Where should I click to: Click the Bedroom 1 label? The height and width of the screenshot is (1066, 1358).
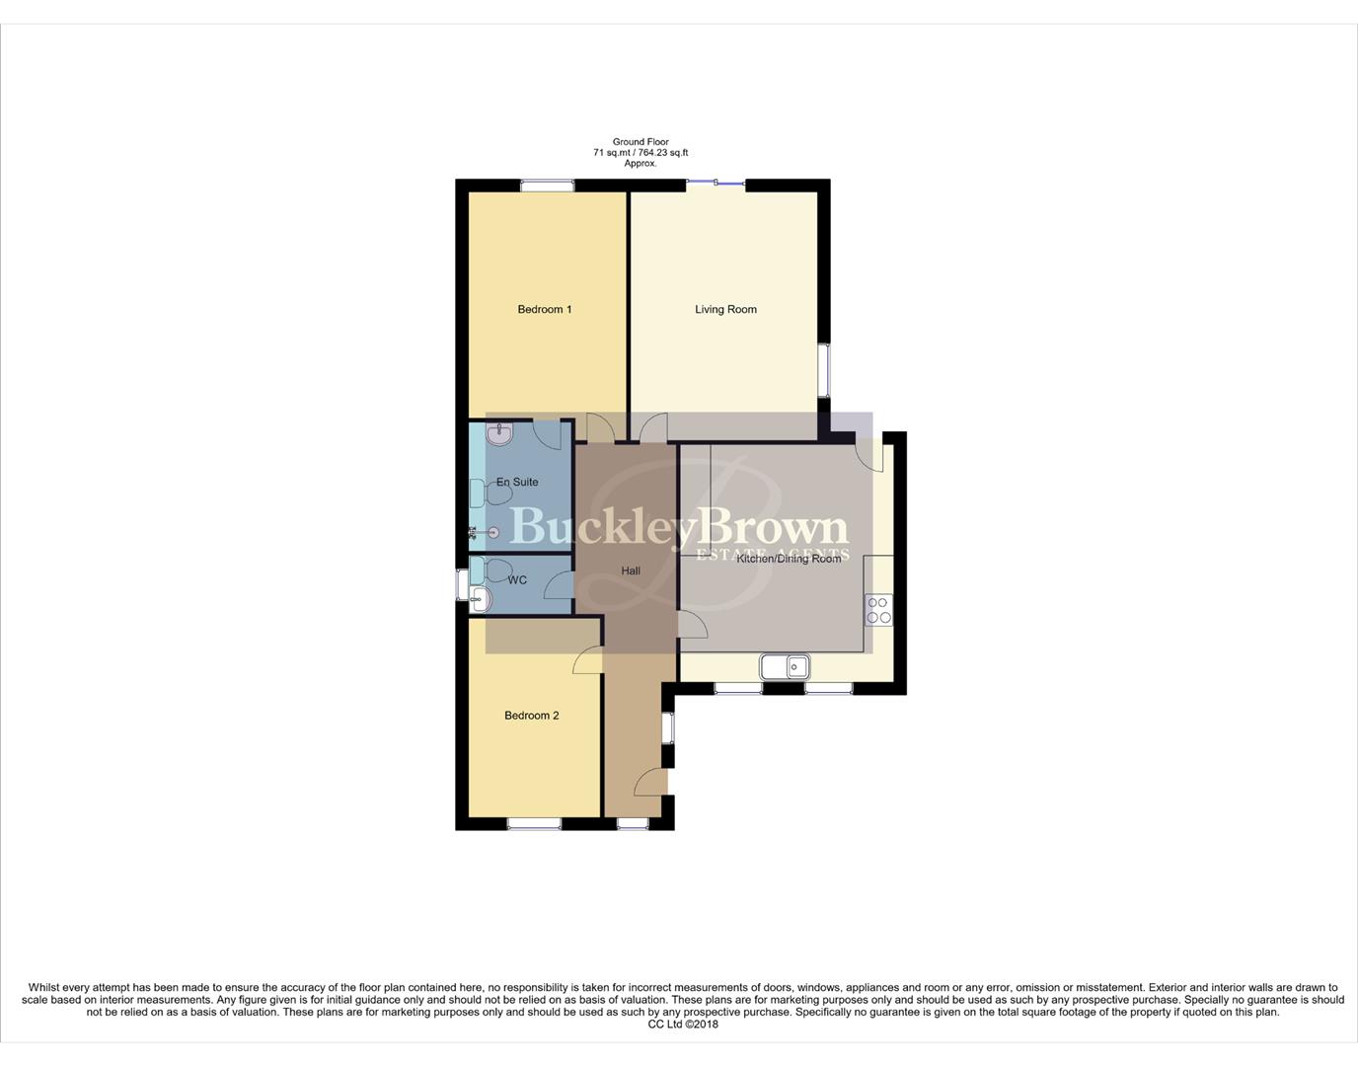[545, 310]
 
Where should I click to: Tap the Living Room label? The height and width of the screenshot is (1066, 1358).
[725, 310]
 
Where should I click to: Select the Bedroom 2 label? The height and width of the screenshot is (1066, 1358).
[531, 716]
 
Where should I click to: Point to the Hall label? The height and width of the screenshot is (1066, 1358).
[631, 571]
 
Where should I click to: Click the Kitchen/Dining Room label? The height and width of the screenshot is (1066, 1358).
[790, 559]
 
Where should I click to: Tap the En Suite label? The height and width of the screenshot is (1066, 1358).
[517, 482]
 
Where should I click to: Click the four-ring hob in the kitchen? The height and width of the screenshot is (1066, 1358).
[878, 610]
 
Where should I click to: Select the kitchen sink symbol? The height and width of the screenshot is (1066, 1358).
[786, 668]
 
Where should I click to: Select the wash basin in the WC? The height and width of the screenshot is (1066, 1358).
[480, 597]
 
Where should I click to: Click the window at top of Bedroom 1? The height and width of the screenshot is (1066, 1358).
[547, 184]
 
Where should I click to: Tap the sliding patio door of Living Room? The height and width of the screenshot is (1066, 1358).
[716, 182]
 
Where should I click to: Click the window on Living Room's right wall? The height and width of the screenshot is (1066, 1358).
[824, 370]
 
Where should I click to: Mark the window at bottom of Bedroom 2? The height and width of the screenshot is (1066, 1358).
[534, 823]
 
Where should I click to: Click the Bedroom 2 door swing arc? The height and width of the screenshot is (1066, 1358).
[587, 660]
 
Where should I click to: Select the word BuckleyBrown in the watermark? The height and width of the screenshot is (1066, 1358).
[678, 527]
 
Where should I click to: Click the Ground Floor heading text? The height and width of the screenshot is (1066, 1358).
[641, 142]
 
